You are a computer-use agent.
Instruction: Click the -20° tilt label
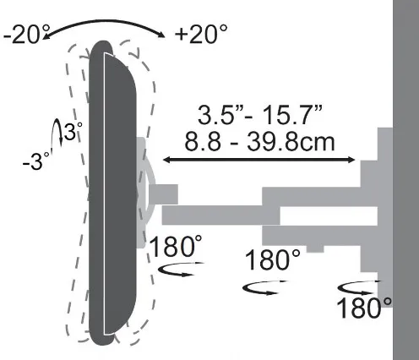pyautogui.click(x=26, y=35)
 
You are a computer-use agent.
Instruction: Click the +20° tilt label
pyautogui.click(x=201, y=34)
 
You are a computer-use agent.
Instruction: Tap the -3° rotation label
pyautogui.click(x=36, y=161)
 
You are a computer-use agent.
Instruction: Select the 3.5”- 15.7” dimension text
pyautogui.click(x=259, y=115)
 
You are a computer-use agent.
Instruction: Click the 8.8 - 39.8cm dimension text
pyautogui.click(x=259, y=142)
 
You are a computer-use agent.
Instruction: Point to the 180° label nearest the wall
pyautogui.click(x=364, y=308)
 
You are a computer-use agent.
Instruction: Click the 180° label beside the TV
pyautogui.click(x=176, y=246)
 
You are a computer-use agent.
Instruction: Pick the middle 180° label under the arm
pyautogui.click(x=273, y=259)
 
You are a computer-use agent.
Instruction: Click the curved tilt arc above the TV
pyautogui.click(x=104, y=21)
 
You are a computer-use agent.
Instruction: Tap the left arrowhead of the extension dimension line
pyautogui.click(x=166, y=160)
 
